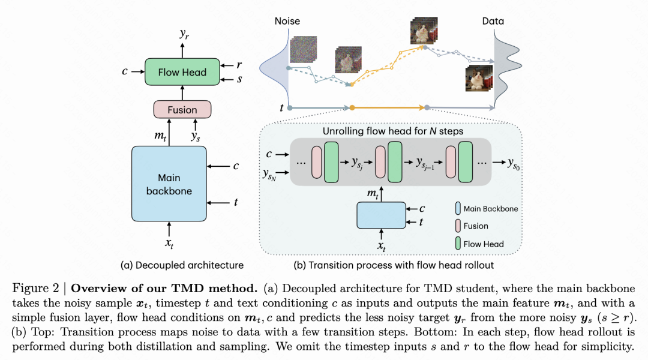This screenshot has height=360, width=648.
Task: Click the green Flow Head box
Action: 182,72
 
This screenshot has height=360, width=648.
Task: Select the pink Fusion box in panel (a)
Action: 182,109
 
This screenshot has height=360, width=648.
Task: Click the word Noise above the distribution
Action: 287,21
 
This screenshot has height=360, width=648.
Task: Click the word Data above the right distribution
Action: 493,21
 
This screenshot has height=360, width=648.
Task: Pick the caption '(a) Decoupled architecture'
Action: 182,265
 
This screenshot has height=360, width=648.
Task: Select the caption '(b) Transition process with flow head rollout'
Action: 394,265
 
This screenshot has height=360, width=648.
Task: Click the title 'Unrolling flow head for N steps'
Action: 393,131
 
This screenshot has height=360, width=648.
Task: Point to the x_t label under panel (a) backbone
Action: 169,244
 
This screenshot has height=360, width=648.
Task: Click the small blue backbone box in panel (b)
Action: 381,215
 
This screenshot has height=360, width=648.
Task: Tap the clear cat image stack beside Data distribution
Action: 480,78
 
